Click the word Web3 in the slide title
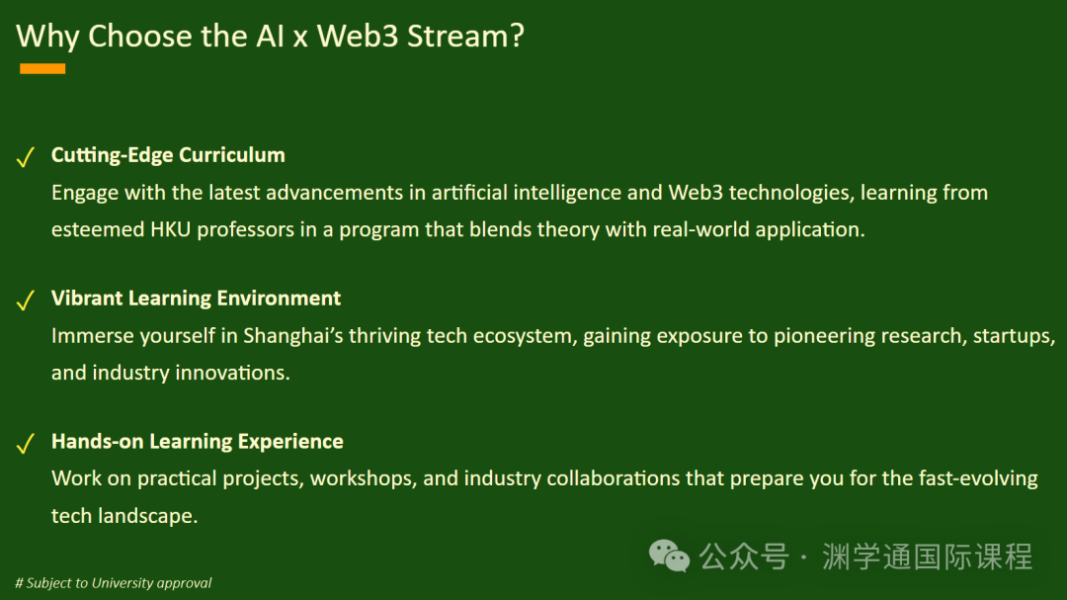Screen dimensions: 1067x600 (358, 36)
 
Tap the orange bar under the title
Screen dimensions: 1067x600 (42, 68)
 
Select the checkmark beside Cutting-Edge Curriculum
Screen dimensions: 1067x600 (25, 156)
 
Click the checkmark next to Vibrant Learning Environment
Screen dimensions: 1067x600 (25, 300)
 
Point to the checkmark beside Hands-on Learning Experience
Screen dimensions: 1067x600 (25, 444)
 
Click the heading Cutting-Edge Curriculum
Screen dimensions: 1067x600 (168, 155)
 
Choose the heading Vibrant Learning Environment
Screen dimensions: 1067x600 (196, 299)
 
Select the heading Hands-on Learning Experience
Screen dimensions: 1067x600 (198, 441)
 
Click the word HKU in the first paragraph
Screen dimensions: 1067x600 (170, 229)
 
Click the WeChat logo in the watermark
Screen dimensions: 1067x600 (669, 556)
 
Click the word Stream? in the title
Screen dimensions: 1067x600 (465, 36)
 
